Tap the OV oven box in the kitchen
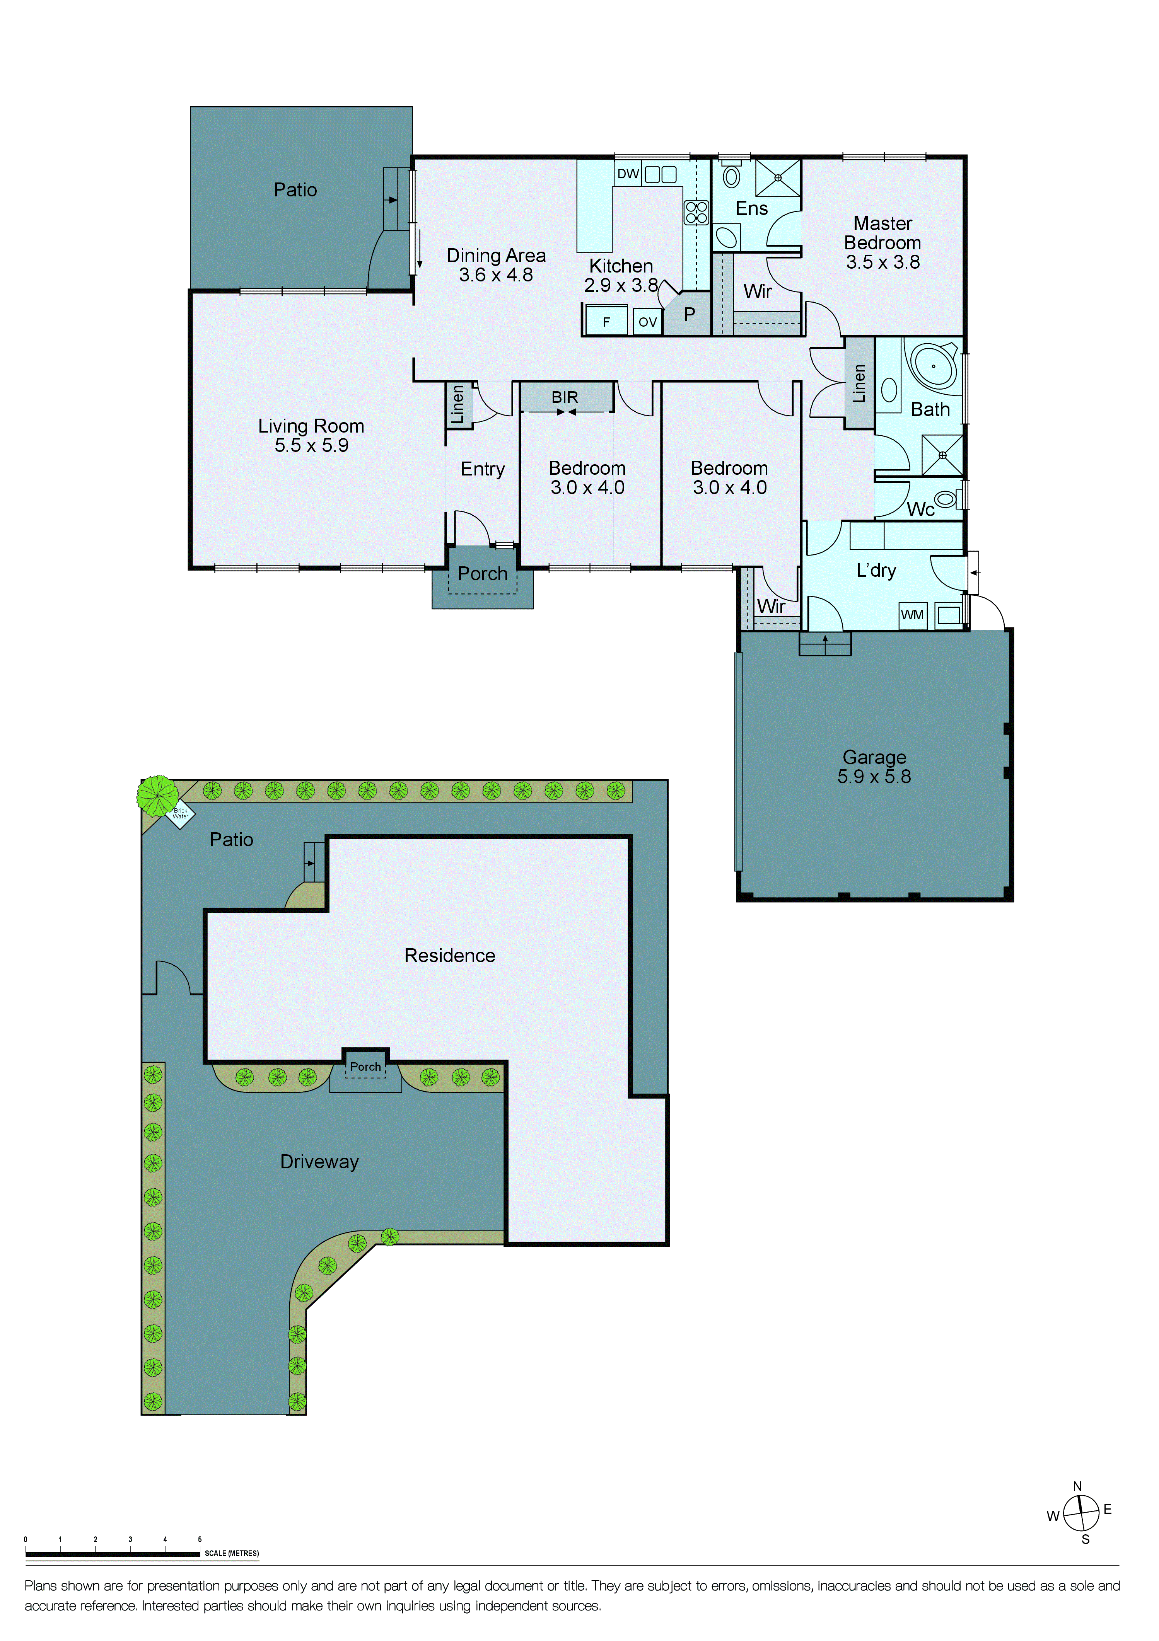point(647,322)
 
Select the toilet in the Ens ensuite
point(731,176)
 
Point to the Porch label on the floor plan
point(483,574)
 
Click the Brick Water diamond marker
point(180,814)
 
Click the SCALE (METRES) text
point(232,1553)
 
